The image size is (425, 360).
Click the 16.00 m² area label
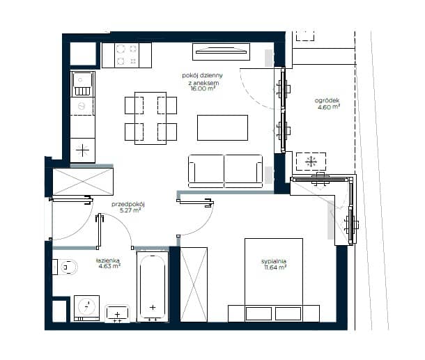[203, 88]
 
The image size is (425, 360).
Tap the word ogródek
[327, 101]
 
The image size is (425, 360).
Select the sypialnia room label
[274, 261]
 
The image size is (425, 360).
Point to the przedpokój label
[128, 204]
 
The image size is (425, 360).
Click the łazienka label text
[108, 260]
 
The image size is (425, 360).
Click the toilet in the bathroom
[65, 267]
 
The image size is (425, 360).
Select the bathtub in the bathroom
[153, 287]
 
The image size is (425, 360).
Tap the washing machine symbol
[86, 308]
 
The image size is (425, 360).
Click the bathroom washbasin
[117, 313]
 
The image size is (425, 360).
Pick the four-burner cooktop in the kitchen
[127, 56]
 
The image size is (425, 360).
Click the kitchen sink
[83, 84]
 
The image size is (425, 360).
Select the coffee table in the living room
[222, 127]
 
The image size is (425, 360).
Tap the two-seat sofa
[225, 171]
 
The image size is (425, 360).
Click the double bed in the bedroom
[274, 280]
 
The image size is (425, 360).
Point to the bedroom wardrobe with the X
[194, 284]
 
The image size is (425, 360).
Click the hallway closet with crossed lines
[83, 182]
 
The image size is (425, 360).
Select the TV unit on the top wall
[221, 52]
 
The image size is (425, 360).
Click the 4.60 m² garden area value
[329, 107]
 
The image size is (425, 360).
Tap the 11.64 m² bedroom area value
[275, 267]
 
